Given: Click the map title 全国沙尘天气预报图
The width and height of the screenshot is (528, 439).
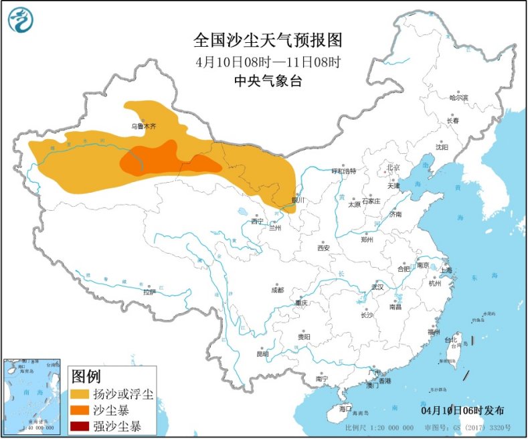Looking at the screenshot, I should pos(268,40).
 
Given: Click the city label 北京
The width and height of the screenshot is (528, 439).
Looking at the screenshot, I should pos(393,167).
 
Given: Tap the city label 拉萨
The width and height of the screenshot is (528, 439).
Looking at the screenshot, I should pos(149,292).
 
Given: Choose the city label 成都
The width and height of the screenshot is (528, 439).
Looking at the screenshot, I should pos(277,290).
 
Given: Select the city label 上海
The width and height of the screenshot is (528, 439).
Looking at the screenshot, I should pos(446,270).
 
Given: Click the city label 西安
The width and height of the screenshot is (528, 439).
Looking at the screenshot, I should pos(323,248).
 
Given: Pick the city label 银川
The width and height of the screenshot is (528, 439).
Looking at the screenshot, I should pos(298,200).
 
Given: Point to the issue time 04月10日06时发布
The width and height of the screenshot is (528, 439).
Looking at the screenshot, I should pos(463,410).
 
